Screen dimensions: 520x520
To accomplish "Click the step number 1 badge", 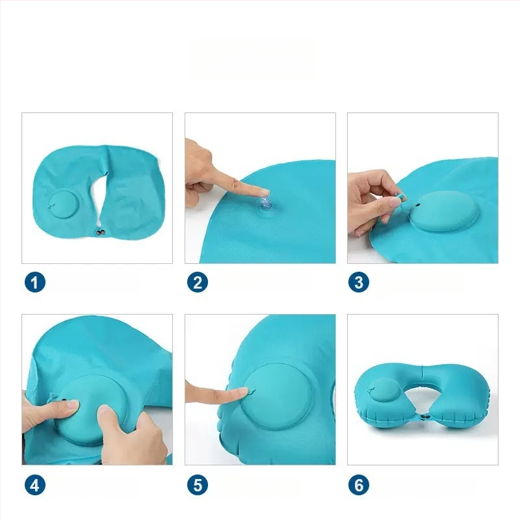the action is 35,282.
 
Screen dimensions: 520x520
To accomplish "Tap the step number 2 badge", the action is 198,282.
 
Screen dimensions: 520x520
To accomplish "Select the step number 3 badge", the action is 359,282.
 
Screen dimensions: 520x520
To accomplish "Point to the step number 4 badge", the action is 35,485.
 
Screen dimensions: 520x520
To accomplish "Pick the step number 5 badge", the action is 198,485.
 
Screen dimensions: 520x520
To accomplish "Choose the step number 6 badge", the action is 359,485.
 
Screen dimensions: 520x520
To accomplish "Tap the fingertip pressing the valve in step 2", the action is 265,192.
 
